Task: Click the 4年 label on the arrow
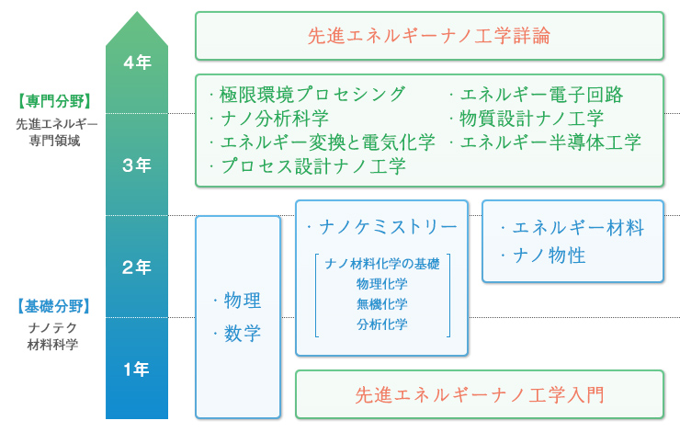pos(137,63)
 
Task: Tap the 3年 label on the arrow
pos(137,165)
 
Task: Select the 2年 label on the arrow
pos(137,267)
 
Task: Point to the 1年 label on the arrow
pos(137,369)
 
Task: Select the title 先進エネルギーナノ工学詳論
pos(429,36)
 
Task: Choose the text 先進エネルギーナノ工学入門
pos(479,395)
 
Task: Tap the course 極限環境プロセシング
pos(312,95)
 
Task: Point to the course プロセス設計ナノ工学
pos(312,166)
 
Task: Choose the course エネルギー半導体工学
pos(550,142)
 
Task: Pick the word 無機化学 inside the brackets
pos(382,304)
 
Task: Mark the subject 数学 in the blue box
pos(243,333)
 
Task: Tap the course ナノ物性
pos(548,256)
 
